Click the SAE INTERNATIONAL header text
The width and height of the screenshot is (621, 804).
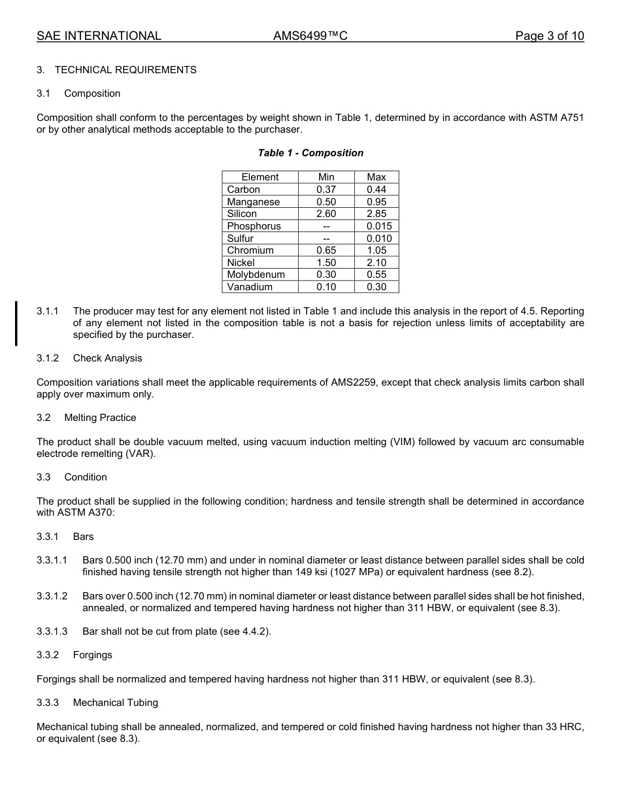pos(99,36)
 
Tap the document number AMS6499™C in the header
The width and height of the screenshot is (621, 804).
pos(310,36)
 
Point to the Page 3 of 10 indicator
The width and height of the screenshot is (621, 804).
pos(549,36)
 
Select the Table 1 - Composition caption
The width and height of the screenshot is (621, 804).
pos(310,153)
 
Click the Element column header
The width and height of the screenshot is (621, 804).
pos(260,177)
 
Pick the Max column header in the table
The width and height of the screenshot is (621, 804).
pos(377,177)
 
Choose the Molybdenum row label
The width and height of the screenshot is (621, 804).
pos(256,275)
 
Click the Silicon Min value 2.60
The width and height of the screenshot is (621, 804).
pos(326,214)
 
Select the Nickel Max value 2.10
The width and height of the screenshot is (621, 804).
pos(377,263)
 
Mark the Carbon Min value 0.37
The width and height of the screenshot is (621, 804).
pos(326,190)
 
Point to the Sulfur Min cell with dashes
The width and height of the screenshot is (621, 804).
pos(326,239)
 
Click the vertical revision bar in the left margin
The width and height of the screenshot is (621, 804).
pos(16,323)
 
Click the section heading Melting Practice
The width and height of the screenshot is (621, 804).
pos(100,418)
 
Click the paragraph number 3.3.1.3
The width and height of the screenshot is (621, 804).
pos(52,631)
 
